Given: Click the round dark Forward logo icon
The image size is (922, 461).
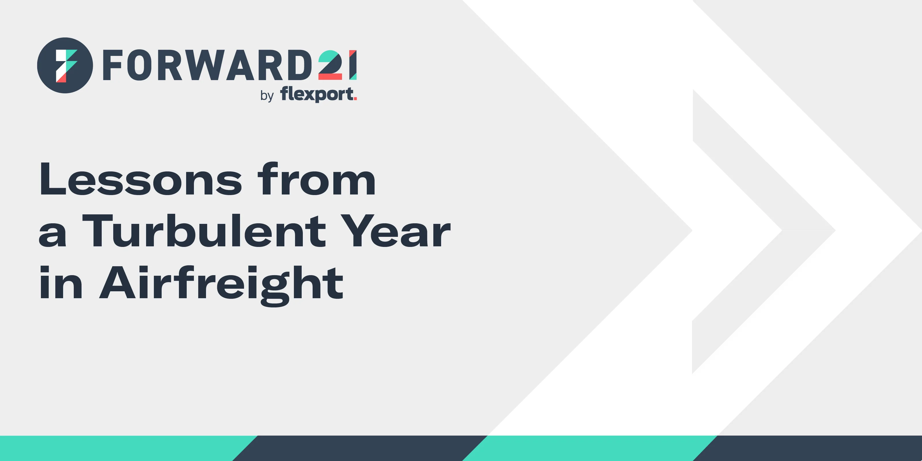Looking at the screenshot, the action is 65,65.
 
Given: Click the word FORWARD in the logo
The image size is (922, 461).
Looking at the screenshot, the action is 207,65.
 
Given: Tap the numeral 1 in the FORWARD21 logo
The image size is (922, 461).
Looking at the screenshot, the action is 353,65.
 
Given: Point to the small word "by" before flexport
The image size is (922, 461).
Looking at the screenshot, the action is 267,96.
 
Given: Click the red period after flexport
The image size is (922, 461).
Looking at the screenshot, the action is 355,99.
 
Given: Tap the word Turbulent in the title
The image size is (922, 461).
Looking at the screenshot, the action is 204,231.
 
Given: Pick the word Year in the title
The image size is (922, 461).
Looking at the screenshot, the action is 395,231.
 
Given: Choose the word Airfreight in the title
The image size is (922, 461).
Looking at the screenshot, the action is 221,286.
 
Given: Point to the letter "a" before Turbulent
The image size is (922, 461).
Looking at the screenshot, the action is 52,235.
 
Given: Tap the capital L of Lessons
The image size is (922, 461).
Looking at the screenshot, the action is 53,179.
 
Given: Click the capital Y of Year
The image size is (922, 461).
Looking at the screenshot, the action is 357,231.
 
